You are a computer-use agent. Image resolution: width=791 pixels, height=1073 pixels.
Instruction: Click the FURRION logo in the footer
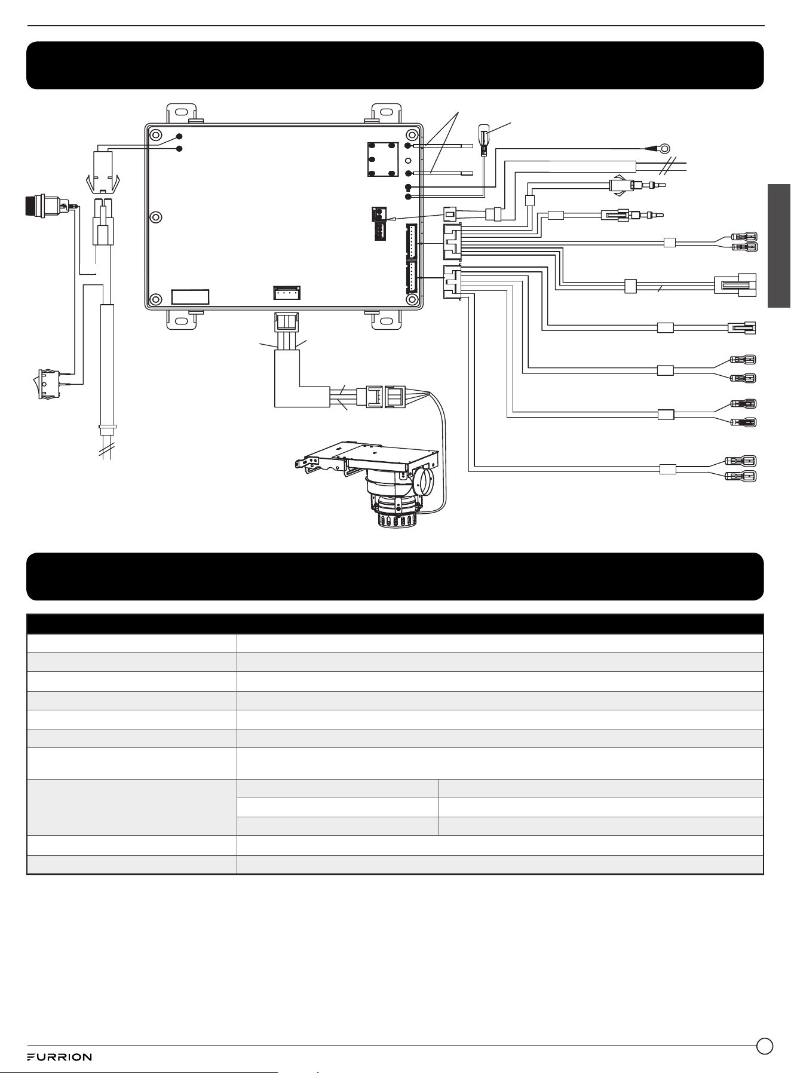click(x=59, y=1057)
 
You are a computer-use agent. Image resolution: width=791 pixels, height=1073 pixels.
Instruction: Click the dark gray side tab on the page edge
click(x=779, y=246)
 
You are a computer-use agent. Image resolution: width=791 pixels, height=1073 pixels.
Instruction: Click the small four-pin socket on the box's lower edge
click(x=287, y=292)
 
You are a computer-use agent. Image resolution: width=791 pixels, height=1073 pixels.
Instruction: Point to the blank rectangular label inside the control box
click(x=190, y=298)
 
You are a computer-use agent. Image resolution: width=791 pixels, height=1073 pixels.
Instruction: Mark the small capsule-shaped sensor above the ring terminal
click(x=485, y=136)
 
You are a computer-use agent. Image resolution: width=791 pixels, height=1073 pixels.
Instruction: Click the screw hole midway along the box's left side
click(x=155, y=216)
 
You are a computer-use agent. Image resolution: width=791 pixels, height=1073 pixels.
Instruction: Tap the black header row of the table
click(x=395, y=624)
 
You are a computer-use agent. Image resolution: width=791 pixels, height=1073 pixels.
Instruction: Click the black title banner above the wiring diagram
click(x=395, y=65)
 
